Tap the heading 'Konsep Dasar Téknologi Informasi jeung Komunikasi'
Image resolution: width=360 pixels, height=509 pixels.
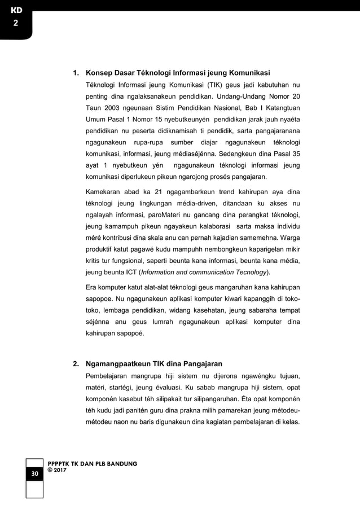(x=177, y=73)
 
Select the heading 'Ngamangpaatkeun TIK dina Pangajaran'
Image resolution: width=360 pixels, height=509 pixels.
(x=153, y=363)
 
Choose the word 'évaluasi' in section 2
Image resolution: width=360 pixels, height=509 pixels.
(x=166, y=387)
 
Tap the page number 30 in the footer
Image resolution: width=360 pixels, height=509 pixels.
(x=34, y=473)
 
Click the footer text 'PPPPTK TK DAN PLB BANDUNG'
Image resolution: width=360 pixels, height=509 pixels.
(x=93, y=463)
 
